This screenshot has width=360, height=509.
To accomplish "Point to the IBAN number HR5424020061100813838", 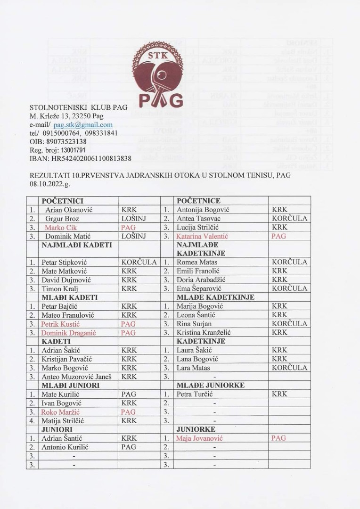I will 89,158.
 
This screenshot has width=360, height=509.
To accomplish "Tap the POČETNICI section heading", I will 63,201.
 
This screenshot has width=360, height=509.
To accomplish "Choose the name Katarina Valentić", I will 202,236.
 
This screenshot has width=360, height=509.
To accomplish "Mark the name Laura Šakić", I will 194,350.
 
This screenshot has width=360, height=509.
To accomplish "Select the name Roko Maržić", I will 59,411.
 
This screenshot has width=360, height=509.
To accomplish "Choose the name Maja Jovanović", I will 199,438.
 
